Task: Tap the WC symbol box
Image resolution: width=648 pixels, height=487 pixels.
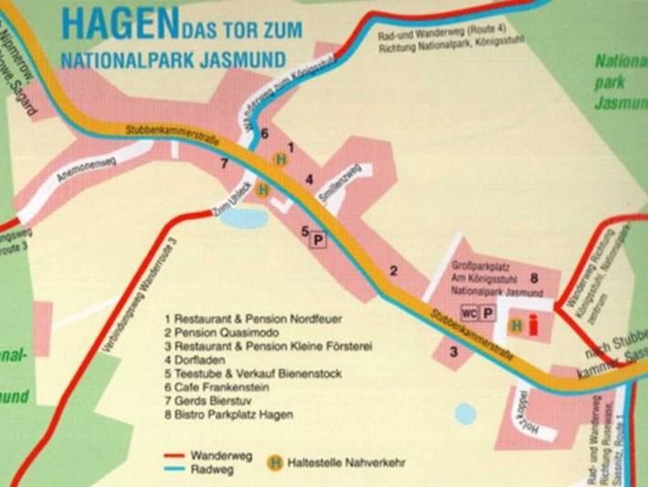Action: click(x=469, y=313)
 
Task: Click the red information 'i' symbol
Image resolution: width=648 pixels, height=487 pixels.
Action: click(x=533, y=324)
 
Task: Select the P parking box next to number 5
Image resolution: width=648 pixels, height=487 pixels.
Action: click(x=319, y=239)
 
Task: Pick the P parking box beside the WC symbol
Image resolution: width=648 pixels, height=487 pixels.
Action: click(x=489, y=313)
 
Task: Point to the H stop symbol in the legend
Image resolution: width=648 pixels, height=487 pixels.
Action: click(x=273, y=461)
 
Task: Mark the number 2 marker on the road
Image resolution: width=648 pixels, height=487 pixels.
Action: click(x=394, y=270)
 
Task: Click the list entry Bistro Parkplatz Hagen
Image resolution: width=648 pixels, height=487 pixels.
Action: click(x=229, y=415)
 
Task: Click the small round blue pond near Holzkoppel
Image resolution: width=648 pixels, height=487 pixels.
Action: click(x=465, y=414)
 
